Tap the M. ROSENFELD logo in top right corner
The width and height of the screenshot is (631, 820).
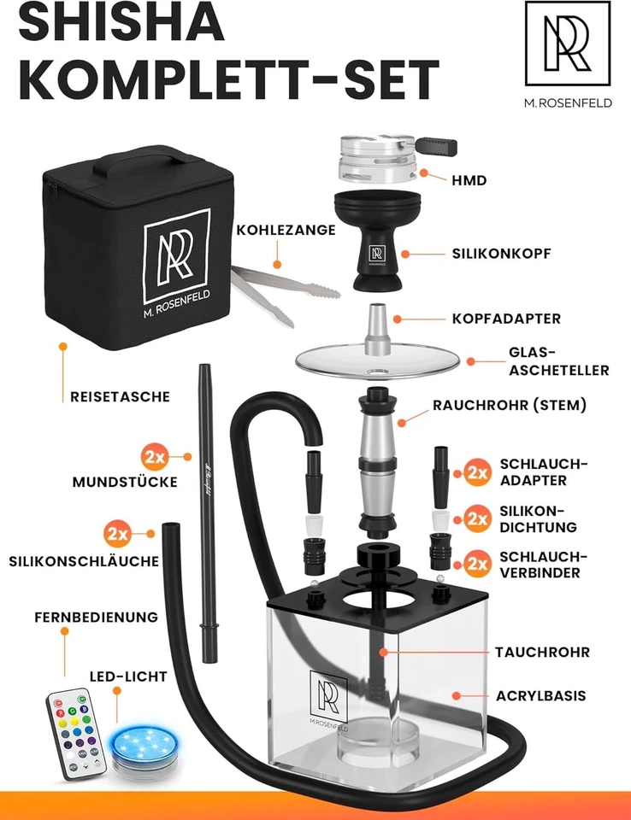coord(568,52)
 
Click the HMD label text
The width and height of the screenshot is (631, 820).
coord(469,180)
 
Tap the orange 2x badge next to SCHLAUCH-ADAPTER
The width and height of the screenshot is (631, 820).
coord(477,471)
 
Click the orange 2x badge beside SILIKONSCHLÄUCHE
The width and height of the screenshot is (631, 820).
coord(119,535)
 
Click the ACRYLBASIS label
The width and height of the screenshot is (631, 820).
coord(540,695)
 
